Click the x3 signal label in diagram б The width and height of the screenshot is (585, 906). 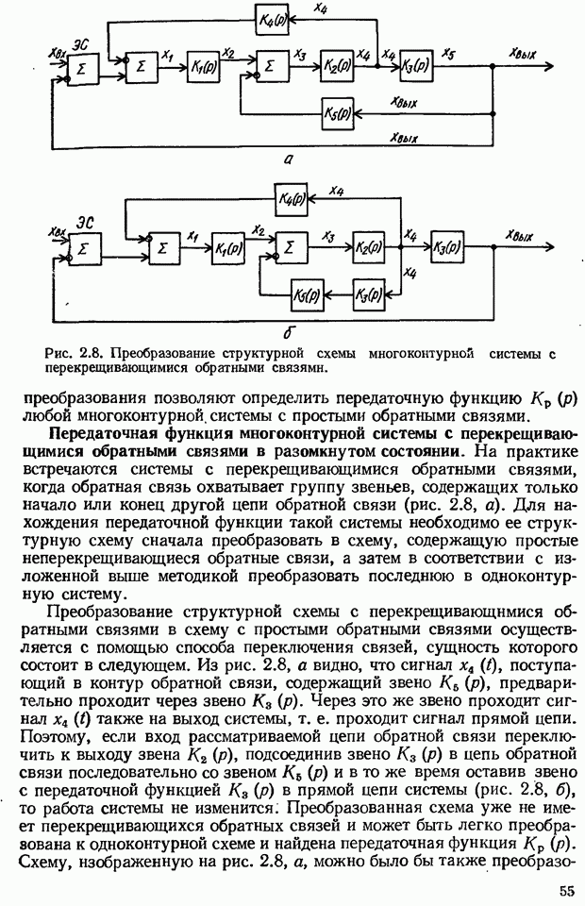click(328, 236)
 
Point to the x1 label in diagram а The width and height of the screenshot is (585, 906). click(168, 57)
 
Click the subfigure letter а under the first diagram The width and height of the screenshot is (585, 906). click(288, 161)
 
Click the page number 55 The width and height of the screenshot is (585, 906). click(564, 891)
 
